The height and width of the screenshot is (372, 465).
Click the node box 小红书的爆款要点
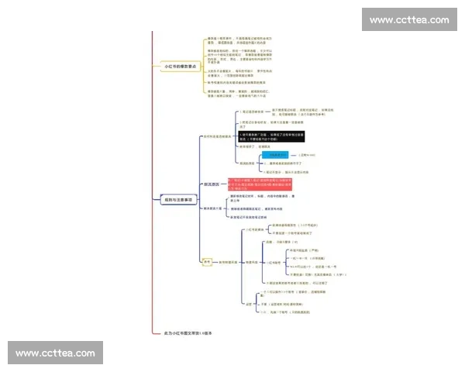click(x=179, y=67)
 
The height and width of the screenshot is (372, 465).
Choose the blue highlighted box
click(x=276, y=155)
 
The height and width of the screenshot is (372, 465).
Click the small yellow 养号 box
click(x=207, y=262)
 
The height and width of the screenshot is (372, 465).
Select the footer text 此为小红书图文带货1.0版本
click(x=187, y=333)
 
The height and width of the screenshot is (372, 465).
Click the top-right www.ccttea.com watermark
click(x=409, y=19)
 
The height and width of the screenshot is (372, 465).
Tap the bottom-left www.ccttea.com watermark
click(x=55, y=353)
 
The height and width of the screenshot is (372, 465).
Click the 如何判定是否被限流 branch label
click(x=218, y=136)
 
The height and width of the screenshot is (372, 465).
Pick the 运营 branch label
click(x=248, y=304)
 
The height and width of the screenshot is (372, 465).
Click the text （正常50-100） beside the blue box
click(x=305, y=155)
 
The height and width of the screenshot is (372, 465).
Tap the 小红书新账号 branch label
click(x=256, y=229)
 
